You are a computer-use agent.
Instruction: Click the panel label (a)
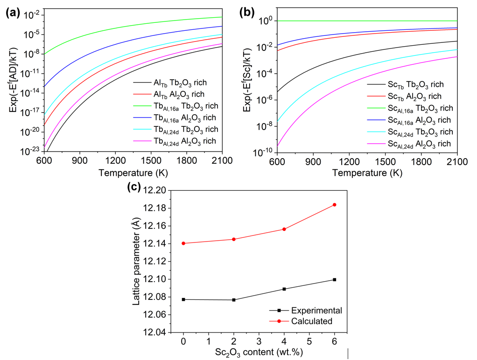tap(13, 13)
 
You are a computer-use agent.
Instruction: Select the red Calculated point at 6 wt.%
tap(334, 205)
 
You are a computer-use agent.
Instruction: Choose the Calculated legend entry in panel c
tap(311, 321)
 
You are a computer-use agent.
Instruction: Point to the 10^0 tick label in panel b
tap(266, 21)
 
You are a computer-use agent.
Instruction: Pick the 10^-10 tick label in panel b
tap(263, 152)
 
